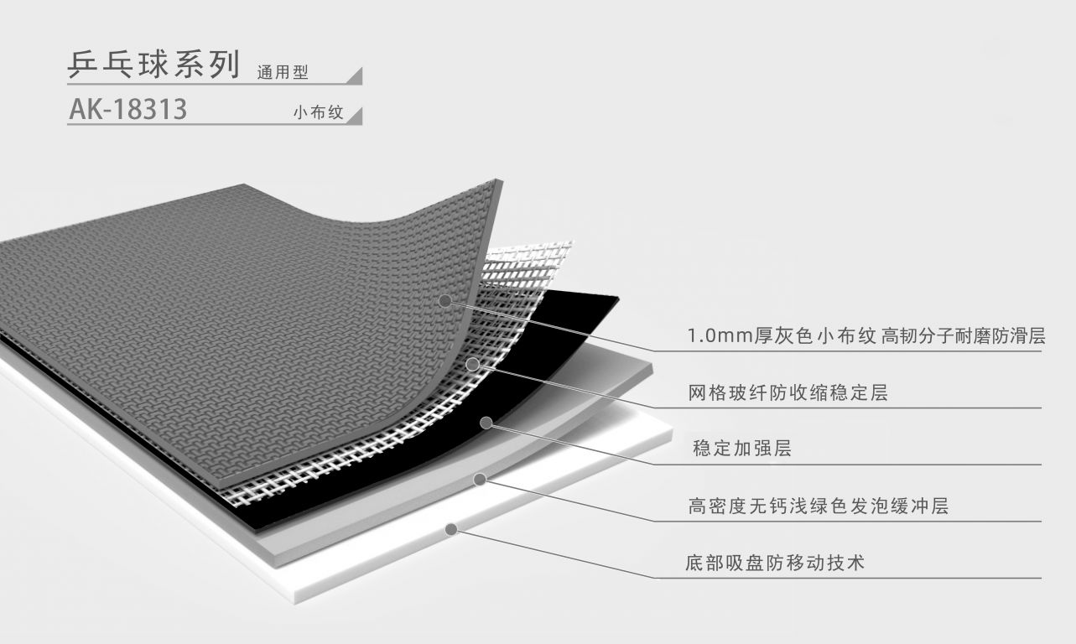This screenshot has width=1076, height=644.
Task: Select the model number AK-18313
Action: tap(127, 110)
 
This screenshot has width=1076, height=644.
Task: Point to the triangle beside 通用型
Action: tap(355, 76)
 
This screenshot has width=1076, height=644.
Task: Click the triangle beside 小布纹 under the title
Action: tap(355, 117)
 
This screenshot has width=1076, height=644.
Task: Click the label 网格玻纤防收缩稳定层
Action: tap(788, 392)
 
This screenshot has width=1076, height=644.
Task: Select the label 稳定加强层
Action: tap(742, 449)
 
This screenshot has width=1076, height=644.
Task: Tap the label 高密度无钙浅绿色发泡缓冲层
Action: tap(818, 506)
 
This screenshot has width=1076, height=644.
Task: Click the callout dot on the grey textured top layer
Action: tap(445, 299)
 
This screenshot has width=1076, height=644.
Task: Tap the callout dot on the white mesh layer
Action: tap(473, 364)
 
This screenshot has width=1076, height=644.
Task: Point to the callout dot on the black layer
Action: tap(486, 423)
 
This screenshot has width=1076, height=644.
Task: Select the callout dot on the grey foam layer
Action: tap(479, 479)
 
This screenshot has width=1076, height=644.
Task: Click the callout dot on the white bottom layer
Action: tap(451, 529)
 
